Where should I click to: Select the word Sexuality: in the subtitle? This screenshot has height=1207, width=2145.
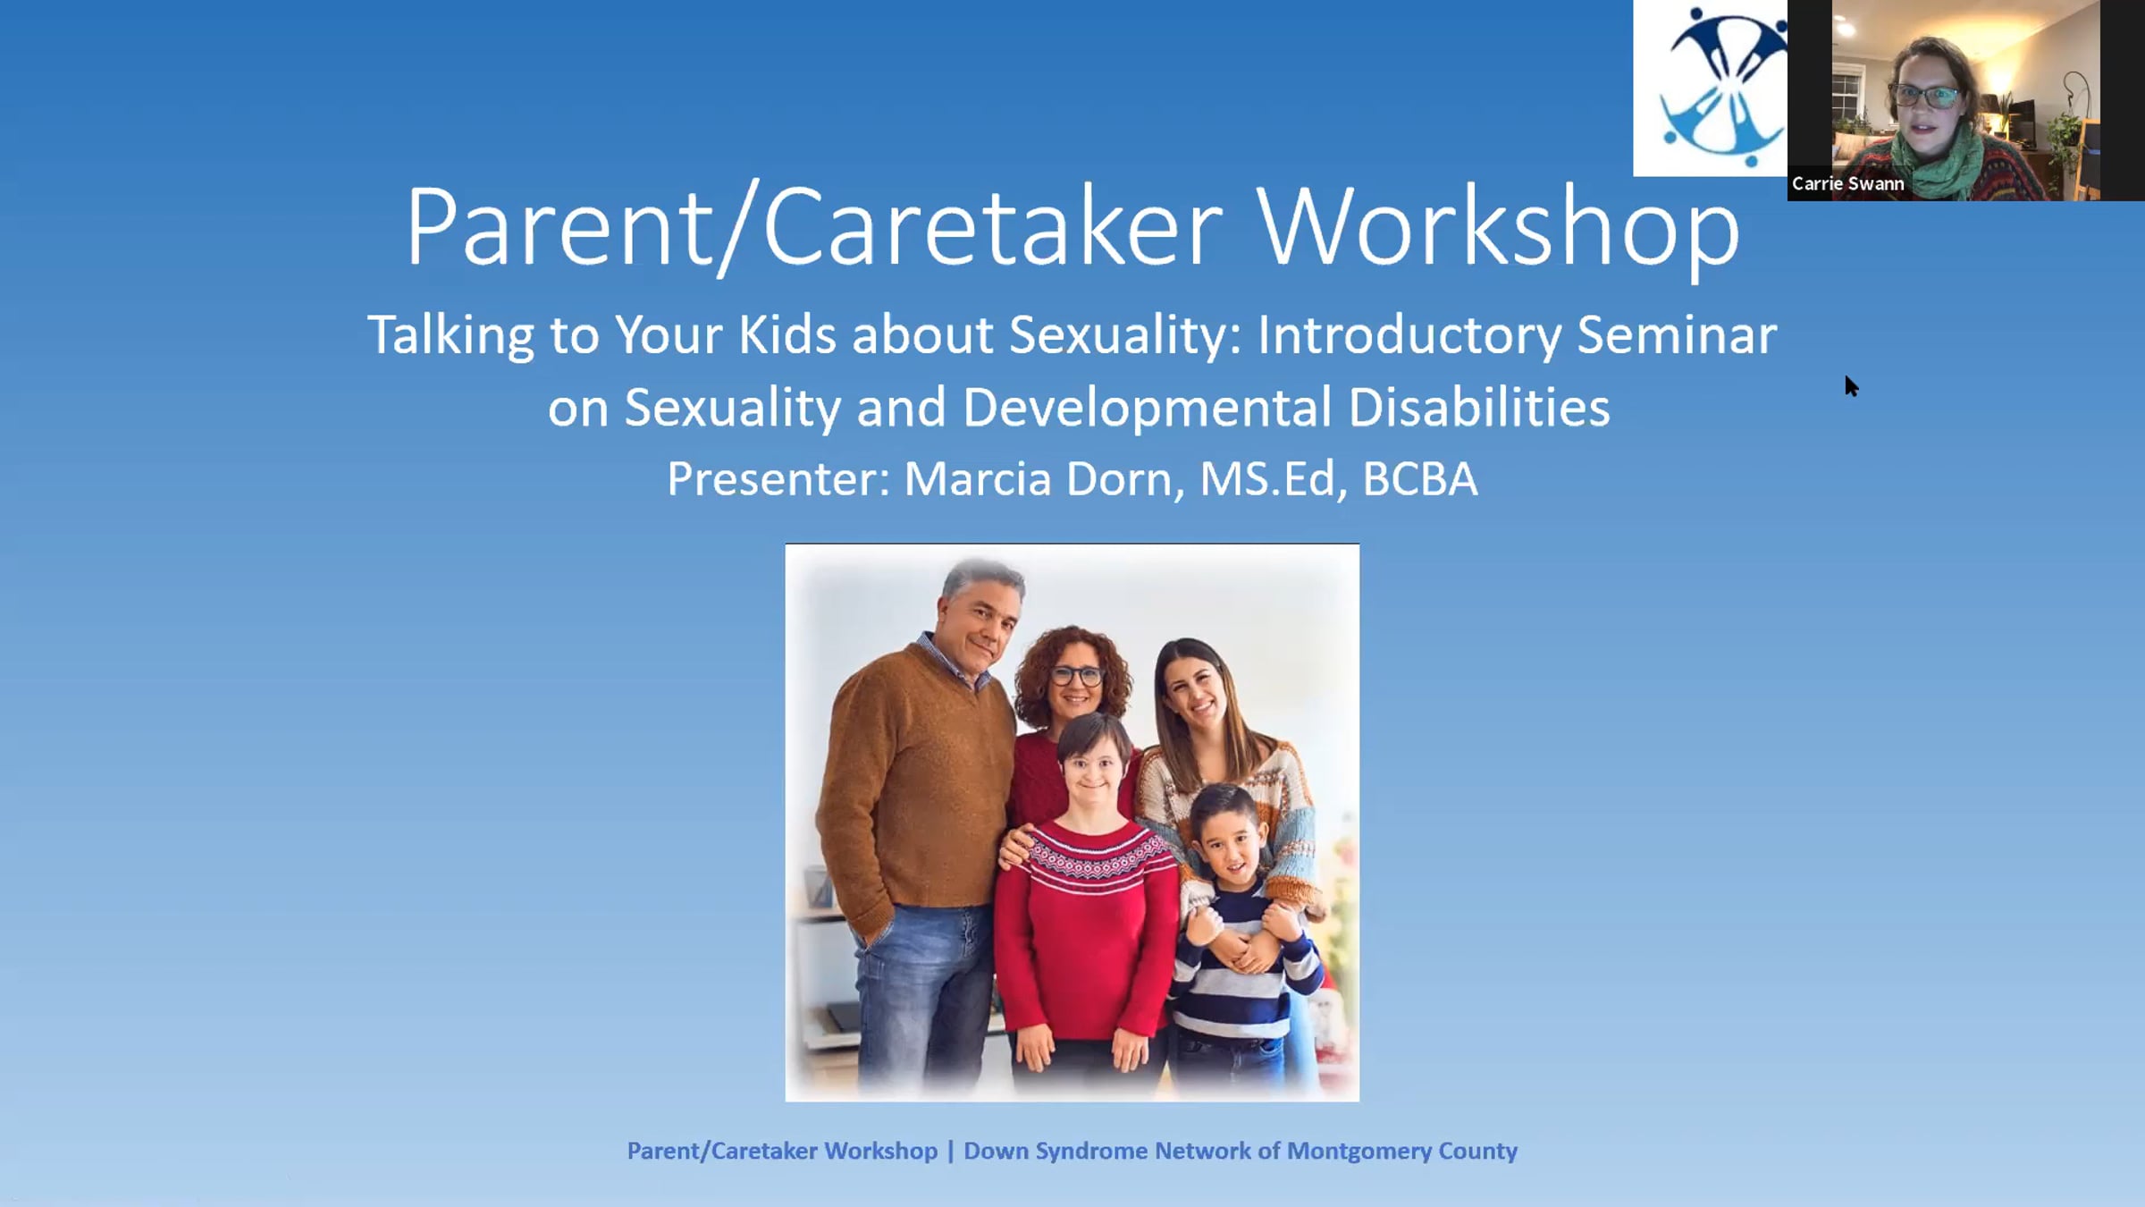point(1125,335)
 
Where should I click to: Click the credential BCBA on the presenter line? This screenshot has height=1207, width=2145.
point(1419,478)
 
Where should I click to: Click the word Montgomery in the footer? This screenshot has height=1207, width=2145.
point(1358,1151)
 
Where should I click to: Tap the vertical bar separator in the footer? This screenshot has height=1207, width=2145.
point(950,1151)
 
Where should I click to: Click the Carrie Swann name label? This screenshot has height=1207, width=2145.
point(1847,183)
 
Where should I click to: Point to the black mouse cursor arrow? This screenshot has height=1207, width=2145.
point(1851,386)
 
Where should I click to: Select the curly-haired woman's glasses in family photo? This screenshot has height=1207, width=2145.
point(1075,676)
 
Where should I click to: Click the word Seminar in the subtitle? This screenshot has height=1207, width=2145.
point(1677,335)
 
